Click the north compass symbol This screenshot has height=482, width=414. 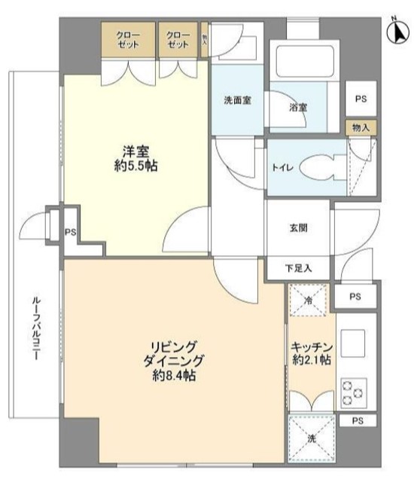click(x=394, y=32)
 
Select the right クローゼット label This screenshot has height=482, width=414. click(x=178, y=40)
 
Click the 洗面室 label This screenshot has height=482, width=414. click(x=237, y=101)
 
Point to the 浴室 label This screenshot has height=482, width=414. click(x=297, y=108)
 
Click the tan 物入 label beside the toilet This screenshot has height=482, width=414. click(x=361, y=127)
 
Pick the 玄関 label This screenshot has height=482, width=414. click(x=297, y=228)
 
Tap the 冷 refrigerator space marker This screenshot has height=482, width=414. click(x=307, y=299)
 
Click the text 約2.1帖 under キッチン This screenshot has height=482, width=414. click(x=311, y=361)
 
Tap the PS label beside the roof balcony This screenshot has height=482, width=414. click(x=70, y=233)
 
